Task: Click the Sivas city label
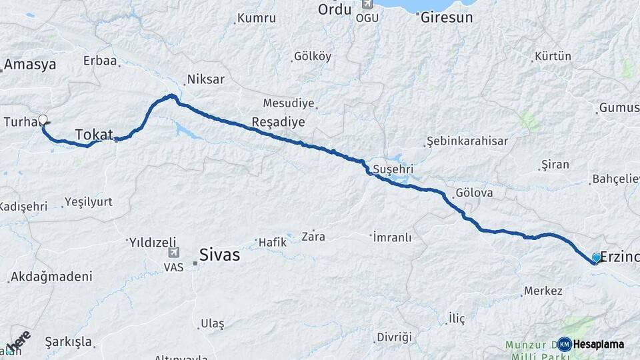coord(219,255)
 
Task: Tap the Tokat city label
coord(94,135)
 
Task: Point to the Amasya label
coord(30,65)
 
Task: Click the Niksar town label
coord(205,79)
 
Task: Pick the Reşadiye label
coord(278,122)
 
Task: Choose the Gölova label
coord(474,193)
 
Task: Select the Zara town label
coord(313,236)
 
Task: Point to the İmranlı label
coord(393,237)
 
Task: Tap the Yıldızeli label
coord(153,241)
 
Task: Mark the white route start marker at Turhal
coord(43,121)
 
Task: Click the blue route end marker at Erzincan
coord(596,257)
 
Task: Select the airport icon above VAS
coord(173,253)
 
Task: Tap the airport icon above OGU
coord(366,4)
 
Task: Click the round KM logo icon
coord(565,344)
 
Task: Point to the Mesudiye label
coord(288,103)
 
